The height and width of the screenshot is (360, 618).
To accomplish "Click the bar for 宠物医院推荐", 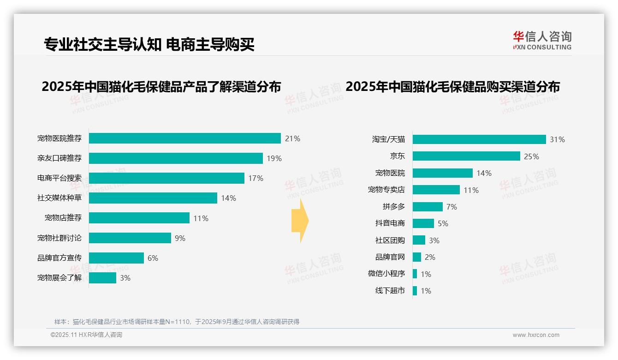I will click(184, 138).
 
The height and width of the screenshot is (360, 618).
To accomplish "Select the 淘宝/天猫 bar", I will click(479, 139).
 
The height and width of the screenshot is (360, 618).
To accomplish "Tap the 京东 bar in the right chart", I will click(466, 156).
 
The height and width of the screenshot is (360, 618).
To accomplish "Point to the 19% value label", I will click(274, 158).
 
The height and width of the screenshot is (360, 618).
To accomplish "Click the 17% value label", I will click(256, 178).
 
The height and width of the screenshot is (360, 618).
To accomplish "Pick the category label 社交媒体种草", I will click(59, 198).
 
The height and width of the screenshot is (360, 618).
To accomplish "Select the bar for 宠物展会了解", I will click(102, 278).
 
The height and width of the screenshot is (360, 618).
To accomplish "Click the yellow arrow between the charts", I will click(300, 221).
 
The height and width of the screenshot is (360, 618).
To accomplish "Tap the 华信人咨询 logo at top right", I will click(542, 40).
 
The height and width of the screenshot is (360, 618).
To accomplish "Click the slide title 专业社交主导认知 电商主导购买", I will click(149, 45).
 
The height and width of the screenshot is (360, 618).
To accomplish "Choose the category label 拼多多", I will click(393, 206).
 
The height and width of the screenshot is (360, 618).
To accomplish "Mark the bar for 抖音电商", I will click(423, 223).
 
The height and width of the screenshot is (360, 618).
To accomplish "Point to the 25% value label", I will click(531, 156).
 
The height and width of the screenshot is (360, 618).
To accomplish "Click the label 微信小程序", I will click(386, 274).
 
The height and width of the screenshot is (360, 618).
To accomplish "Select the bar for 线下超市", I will click(415, 291).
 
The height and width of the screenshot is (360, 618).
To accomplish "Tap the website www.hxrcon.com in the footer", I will click(535, 335).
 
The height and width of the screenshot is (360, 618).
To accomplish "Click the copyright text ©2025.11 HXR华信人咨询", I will click(86, 335).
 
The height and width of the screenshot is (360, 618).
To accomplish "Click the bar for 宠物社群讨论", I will click(130, 238).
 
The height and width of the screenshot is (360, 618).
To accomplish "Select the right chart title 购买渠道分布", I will click(452, 87).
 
